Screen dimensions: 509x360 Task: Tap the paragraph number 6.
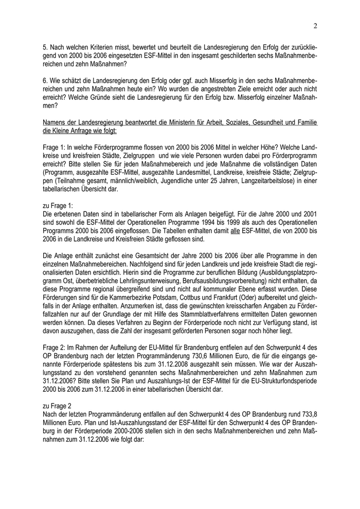(45, 81)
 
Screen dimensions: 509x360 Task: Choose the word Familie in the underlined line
(307, 122)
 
